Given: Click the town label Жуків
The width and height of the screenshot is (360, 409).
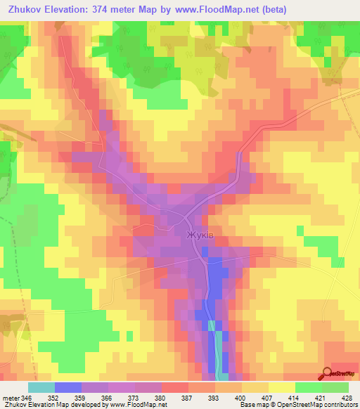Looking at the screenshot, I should (x=200, y=235).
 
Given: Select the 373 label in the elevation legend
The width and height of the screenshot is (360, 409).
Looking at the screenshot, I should (x=136, y=397).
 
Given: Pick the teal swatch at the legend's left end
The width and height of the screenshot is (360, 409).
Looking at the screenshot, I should (x=41, y=387).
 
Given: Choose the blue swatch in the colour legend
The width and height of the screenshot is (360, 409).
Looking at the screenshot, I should (x=68, y=387).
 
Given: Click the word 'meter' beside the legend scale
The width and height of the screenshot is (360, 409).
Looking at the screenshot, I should (x=10, y=397).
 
